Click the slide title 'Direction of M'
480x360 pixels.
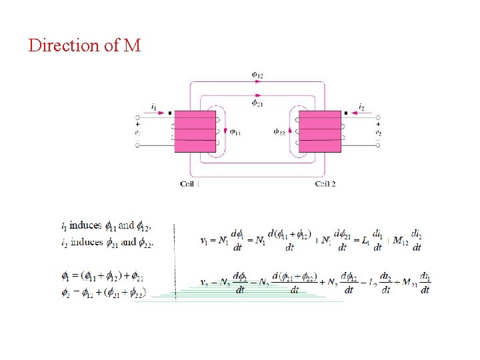(85, 46)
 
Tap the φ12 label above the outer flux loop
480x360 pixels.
(257, 75)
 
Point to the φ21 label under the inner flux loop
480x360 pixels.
(257, 103)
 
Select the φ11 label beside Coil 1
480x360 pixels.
(235, 132)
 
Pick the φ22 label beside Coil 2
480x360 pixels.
(280, 132)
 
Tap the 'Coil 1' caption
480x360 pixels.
(189, 183)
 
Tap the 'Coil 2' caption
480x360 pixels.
(325, 183)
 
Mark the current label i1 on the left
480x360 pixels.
(155, 107)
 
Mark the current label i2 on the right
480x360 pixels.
(361, 107)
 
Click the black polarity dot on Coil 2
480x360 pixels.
(345, 114)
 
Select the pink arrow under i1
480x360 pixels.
(156, 114)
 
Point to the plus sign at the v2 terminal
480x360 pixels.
(378, 124)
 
